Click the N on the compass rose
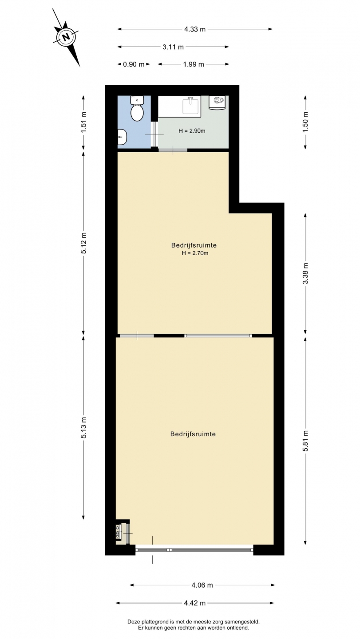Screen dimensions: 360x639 (66, 37)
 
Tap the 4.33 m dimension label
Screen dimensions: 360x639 (195, 29)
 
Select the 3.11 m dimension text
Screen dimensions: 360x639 (173, 47)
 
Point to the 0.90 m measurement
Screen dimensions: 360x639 (134, 64)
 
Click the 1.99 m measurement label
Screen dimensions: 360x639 (194, 64)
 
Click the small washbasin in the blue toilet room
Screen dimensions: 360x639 (122, 137)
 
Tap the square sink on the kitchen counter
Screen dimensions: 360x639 (191, 106)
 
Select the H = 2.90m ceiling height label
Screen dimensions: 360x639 (192, 131)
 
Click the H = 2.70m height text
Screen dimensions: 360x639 (195, 253)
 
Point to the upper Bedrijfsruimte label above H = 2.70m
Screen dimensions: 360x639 (194, 245)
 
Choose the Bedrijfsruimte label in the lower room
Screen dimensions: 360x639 (193, 434)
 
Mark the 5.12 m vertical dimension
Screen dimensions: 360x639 (83, 243)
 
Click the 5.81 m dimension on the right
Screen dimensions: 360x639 (305, 441)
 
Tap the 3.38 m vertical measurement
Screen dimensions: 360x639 (305, 273)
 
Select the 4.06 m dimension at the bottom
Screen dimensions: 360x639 (202, 585)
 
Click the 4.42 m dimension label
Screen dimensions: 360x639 (195, 603)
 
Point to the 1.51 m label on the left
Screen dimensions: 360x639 (83, 122)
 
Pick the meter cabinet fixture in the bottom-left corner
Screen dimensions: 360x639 (119, 532)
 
